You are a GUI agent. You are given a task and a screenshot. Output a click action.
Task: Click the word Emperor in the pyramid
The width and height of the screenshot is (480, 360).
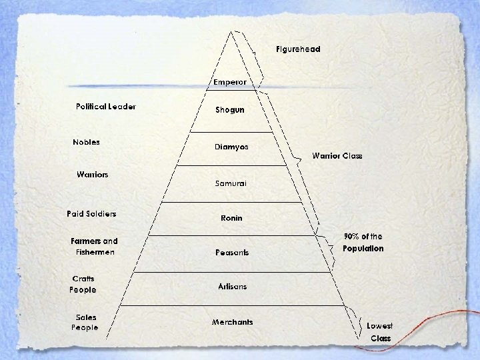click(x=230, y=82)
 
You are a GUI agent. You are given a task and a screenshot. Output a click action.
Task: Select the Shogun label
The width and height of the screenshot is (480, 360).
click(x=230, y=110)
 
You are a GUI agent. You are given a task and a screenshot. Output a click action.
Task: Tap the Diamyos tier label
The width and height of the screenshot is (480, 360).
click(x=231, y=147)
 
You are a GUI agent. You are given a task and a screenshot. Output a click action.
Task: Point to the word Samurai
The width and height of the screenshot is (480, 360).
click(x=231, y=183)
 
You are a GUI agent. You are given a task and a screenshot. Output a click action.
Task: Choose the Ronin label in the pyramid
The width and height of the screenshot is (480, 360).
click(x=231, y=218)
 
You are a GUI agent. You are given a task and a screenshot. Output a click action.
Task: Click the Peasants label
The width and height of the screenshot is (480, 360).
click(x=231, y=253)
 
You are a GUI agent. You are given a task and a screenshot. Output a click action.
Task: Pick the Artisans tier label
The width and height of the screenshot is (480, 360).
click(x=232, y=287)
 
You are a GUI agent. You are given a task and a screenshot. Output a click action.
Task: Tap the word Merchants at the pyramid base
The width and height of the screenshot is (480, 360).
click(x=233, y=322)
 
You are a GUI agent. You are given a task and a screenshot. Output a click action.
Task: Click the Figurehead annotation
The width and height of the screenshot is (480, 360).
click(x=298, y=49)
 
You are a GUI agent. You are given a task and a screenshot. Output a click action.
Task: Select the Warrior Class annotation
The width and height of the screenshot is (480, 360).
click(x=337, y=156)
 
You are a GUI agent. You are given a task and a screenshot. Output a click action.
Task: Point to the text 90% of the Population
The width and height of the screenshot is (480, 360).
click(x=363, y=243)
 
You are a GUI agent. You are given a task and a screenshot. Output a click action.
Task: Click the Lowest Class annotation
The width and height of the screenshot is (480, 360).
click(x=381, y=332)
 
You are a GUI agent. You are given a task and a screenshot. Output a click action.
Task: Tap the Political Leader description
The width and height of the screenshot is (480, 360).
click(x=105, y=107)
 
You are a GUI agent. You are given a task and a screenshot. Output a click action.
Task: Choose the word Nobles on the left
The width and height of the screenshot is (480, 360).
click(x=87, y=142)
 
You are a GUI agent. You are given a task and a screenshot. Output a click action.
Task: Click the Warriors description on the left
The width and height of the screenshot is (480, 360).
click(x=93, y=175)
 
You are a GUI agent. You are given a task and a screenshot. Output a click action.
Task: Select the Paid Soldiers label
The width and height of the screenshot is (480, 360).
click(x=91, y=213)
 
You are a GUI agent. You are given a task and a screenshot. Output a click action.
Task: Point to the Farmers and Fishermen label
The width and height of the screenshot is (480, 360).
click(x=94, y=247)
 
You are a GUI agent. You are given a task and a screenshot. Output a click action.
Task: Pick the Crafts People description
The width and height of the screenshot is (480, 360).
click(x=83, y=284)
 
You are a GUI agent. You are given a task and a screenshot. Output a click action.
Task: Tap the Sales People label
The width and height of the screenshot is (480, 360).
click(x=85, y=323)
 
